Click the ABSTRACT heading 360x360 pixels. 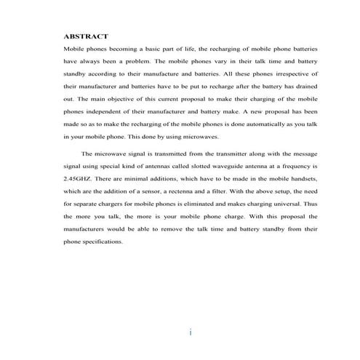coord(86,35)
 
